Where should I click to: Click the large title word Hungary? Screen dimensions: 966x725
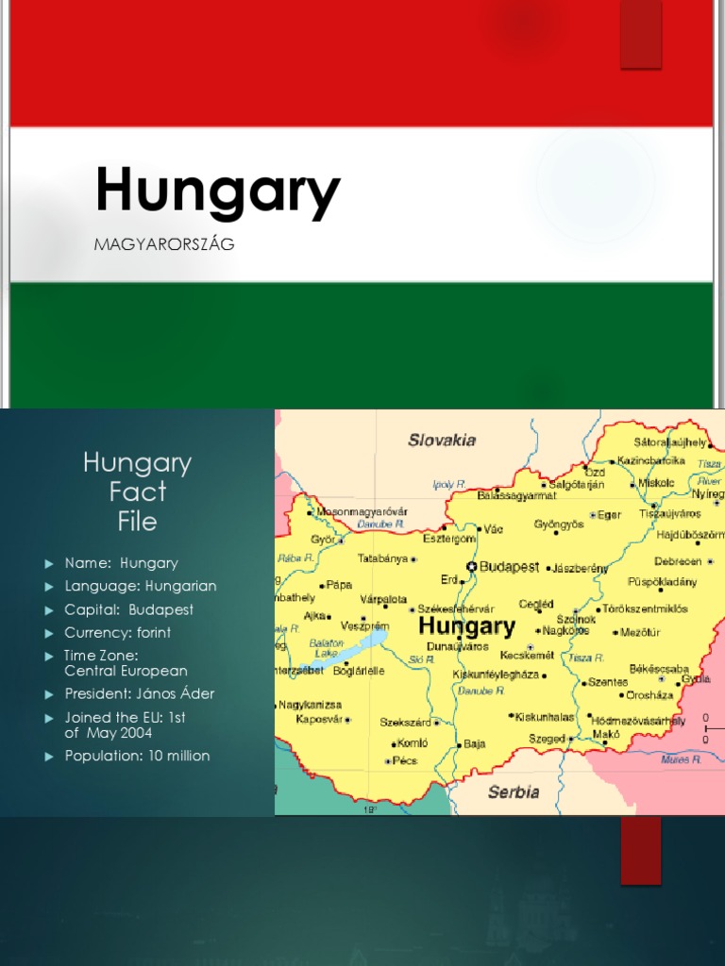point(217,192)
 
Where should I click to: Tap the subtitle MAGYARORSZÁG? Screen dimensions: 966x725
point(164,244)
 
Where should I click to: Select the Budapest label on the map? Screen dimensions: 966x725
point(510,567)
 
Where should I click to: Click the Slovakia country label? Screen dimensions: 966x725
point(442,440)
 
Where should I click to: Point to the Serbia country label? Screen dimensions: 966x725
point(514,792)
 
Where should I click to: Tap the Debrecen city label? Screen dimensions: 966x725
point(678,561)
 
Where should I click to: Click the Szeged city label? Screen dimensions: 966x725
point(547,739)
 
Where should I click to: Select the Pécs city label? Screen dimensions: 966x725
point(405,760)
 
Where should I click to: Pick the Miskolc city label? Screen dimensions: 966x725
point(656,482)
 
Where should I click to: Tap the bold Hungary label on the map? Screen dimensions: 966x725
point(466,625)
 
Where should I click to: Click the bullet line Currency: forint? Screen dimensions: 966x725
point(118,632)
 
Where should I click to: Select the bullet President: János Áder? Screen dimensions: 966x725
point(140,693)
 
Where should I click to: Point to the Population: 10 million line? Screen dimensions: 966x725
point(137,756)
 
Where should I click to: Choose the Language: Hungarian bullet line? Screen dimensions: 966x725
point(141,586)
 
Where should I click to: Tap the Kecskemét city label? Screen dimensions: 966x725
point(527,654)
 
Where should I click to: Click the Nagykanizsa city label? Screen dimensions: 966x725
point(311,705)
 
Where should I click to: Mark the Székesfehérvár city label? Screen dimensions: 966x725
point(455,609)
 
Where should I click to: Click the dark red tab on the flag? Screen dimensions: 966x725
point(641,34)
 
